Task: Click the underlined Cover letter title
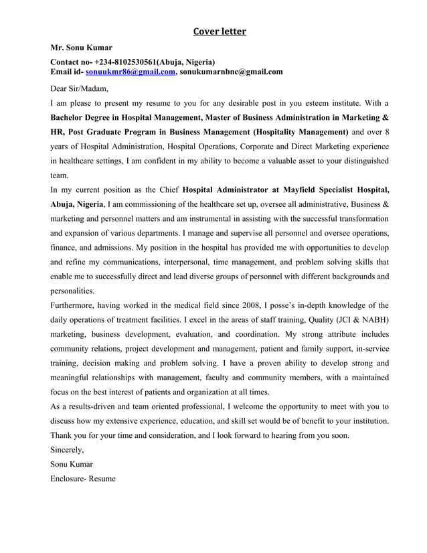(x=220, y=31)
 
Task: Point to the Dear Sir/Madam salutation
(x=80, y=88)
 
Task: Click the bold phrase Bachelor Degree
(x=82, y=117)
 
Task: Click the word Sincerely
(x=68, y=450)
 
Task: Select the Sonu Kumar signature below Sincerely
(x=72, y=464)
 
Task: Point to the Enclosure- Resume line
(x=83, y=479)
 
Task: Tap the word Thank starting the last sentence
(x=64, y=436)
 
